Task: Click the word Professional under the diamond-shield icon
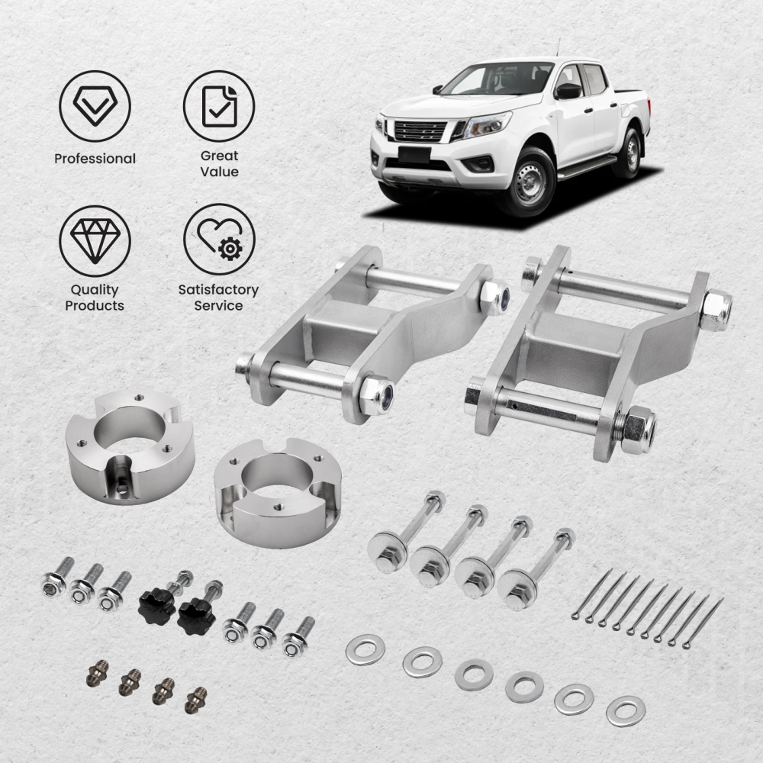[95, 159]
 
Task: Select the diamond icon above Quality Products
[95, 239]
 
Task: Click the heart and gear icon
[219, 239]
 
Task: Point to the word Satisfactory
[218, 290]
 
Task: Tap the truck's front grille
[420, 130]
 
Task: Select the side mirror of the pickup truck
[568, 92]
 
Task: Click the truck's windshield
[497, 79]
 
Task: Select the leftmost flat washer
[365, 650]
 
